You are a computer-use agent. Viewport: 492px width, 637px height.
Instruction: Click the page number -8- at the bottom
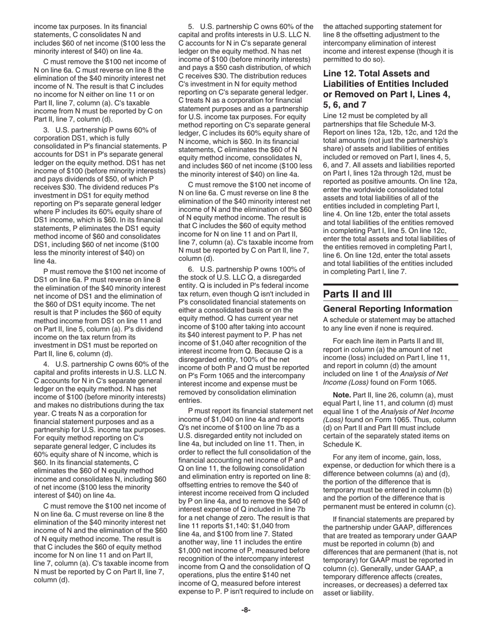[246, 610]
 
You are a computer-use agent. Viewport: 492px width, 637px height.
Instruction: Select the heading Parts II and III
[357, 294]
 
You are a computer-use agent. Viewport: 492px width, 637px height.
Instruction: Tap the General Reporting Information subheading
[387, 309]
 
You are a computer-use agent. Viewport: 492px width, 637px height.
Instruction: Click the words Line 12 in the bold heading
[341, 74]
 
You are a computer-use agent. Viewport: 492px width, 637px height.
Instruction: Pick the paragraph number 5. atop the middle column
[191, 27]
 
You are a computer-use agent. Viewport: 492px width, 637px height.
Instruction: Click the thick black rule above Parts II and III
[390, 284]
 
